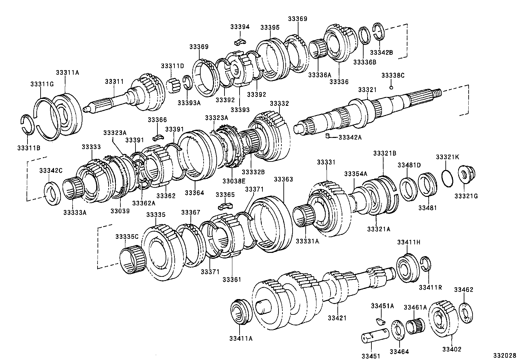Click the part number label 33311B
tap(28, 148)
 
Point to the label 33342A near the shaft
tap(350, 138)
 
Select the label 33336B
tap(364, 62)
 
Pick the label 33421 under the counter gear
tap(337, 318)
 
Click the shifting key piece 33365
tap(225, 206)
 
